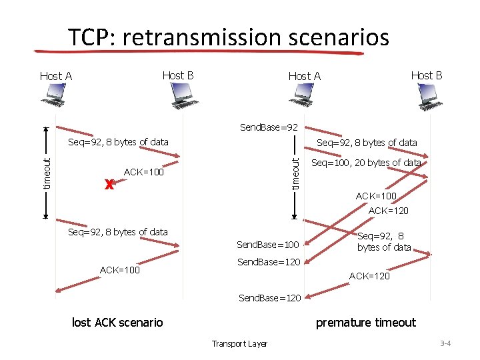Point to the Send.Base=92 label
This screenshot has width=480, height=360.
[x=269, y=127]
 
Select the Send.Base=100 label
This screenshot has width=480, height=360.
[x=268, y=245]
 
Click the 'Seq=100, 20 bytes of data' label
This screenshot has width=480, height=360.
[x=366, y=163]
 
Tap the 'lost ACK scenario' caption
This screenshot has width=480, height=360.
[x=117, y=323]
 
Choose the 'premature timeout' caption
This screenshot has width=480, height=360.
[x=365, y=323]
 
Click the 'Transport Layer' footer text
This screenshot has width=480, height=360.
[x=239, y=344]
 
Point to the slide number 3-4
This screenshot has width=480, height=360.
[x=445, y=343]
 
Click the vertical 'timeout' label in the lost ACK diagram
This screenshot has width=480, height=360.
[x=47, y=172]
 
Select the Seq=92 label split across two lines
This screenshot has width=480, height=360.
[x=383, y=241]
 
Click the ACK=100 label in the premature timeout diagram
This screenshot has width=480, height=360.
[x=375, y=196]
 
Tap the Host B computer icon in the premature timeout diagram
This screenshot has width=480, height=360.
[x=430, y=98]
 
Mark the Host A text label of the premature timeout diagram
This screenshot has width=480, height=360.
[x=304, y=76]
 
